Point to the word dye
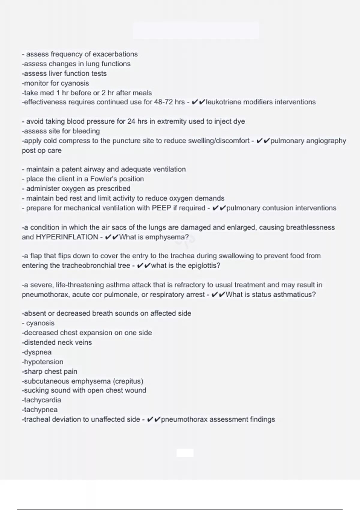point(239,121)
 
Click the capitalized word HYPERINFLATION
point(67,237)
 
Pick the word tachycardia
point(42,400)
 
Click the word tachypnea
point(40,410)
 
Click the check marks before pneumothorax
point(154,419)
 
